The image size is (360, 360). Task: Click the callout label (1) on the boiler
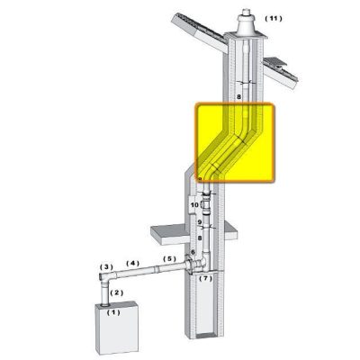(x=113, y=312)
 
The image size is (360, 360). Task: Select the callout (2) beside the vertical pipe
(x=117, y=292)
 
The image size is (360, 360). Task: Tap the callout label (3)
(x=106, y=266)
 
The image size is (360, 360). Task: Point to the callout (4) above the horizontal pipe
(x=132, y=263)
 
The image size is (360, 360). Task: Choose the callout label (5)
(x=169, y=258)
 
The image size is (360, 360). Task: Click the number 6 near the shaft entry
(x=193, y=252)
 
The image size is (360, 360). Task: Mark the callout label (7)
(x=206, y=278)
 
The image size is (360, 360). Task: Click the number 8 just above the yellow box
(x=238, y=97)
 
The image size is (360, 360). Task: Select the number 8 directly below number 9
(x=199, y=238)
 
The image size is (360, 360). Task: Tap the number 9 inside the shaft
(x=199, y=222)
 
